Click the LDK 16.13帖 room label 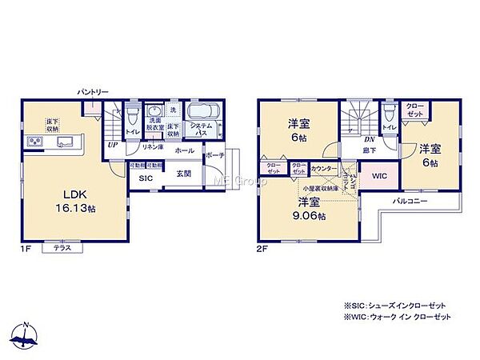(x=69, y=201)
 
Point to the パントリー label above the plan (x=94, y=93)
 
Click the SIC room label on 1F (x=145, y=178)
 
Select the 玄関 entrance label (x=183, y=174)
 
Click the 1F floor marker (x=26, y=250)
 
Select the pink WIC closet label (x=378, y=177)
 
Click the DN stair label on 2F (x=370, y=138)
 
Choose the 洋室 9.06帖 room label (x=309, y=207)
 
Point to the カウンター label (x=323, y=169)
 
